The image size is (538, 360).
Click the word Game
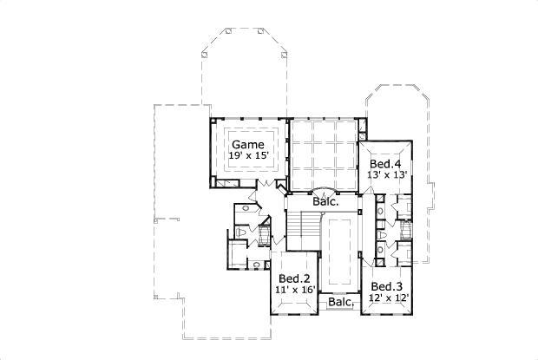click(x=247, y=144)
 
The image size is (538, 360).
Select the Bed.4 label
click(x=384, y=164)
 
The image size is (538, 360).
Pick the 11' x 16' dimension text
click(x=294, y=290)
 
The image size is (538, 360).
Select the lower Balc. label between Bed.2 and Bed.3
click(x=340, y=303)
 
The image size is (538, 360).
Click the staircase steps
click(x=305, y=233)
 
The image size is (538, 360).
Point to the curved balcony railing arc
click(x=323, y=190)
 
